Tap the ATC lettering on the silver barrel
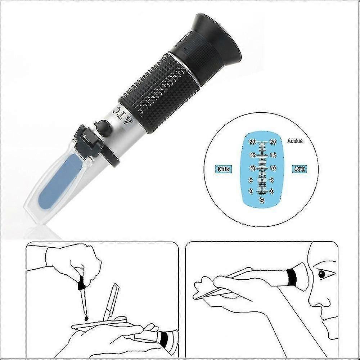123,114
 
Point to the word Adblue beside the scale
295,141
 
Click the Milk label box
224,169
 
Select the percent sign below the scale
262,201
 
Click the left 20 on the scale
252,142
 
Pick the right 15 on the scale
273,156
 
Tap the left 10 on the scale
253,168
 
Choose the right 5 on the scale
272,180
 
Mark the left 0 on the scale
251,191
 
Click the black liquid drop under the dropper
86,318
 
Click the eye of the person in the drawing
321,274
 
